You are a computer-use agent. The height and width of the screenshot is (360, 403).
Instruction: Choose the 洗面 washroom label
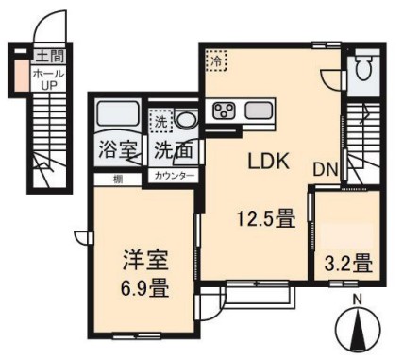pyautogui.click(x=174, y=148)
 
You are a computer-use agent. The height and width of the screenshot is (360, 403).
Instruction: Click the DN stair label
pyautogui.click(x=327, y=170)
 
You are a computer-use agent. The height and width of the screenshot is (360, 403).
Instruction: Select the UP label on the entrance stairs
pyautogui.click(x=45, y=85)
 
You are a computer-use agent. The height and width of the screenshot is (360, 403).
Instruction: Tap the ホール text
pyautogui.click(x=45, y=73)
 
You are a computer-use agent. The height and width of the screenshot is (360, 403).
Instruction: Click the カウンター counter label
pyautogui.click(x=175, y=177)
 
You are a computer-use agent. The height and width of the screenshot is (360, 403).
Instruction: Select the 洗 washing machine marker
pyautogui.click(x=162, y=121)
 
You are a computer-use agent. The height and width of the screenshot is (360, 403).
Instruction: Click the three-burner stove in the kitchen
pyautogui.click(x=226, y=111)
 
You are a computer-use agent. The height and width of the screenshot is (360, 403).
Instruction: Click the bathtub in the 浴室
pyautogui.click(x=118, y=117)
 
